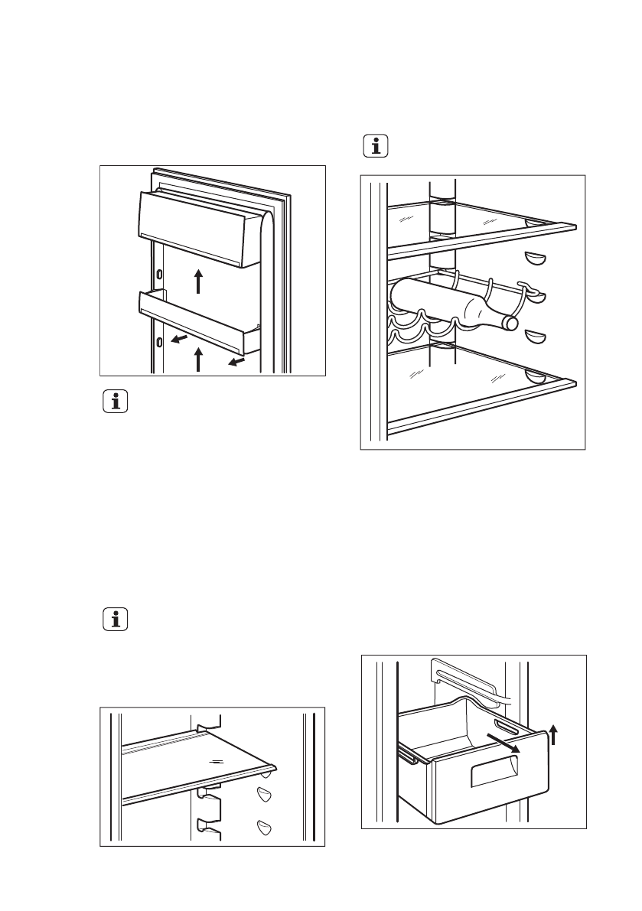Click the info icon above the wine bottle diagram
(375, 146)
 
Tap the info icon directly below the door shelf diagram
(116, 403)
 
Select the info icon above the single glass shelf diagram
(116, 620)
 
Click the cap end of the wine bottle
(507, 322)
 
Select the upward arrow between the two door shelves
(198, 281)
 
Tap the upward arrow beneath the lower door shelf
(198, 359)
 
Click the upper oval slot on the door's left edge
(158, 274)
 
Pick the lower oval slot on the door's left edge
(158, 341)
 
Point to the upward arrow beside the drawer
(554, 736)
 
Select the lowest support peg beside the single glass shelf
(265, 826)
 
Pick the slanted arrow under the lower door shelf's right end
(236, 360)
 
